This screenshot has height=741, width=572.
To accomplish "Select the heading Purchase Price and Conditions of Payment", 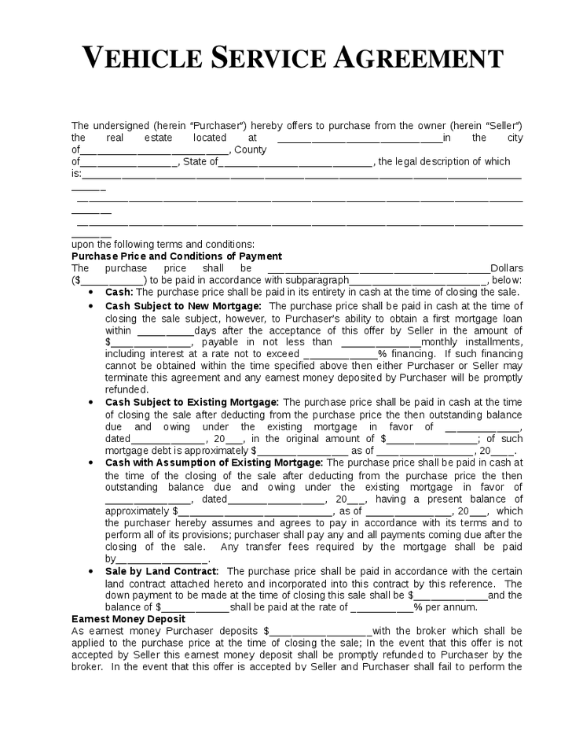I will [x=177, y=256].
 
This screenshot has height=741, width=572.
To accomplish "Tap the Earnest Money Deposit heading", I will [x=128, y=619].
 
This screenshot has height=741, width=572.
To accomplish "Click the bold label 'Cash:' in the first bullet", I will [x=119, y=292].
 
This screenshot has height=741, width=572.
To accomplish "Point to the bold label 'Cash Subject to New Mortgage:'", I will [x=184, y=305].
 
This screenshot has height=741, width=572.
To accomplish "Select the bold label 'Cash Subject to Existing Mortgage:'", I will [x=192, y=402].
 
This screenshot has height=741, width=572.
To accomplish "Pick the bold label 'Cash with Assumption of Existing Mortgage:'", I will [x=214, y=463].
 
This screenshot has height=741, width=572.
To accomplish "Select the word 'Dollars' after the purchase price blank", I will [x=507, y=268].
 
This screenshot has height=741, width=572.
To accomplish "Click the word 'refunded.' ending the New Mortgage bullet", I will [x=127, y=389].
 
